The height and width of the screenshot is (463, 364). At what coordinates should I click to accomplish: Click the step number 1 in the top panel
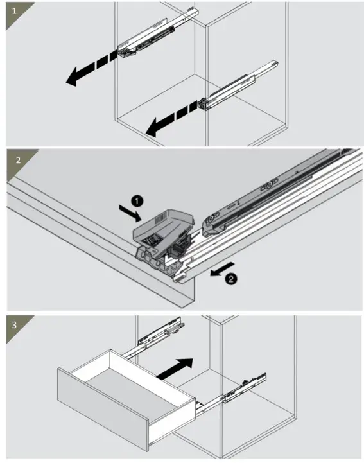pos(14,11)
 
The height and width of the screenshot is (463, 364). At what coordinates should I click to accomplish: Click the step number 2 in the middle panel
pos(19,161)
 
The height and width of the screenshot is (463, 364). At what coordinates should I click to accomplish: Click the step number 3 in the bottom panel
pos(15,325)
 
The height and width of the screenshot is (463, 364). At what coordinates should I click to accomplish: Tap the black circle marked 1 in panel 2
pos(137,201)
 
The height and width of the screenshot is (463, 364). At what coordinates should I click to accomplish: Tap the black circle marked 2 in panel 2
pos(231,279)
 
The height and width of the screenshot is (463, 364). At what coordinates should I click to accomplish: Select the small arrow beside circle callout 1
pos(130,213)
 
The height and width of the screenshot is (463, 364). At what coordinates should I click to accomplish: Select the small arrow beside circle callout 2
pos(223,268)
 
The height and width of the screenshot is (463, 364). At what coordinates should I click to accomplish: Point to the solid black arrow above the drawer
pos(175,369)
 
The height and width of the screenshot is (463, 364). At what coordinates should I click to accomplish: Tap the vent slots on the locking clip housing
pos(161,218)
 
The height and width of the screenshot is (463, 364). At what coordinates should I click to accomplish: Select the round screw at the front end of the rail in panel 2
pos(211,219)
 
